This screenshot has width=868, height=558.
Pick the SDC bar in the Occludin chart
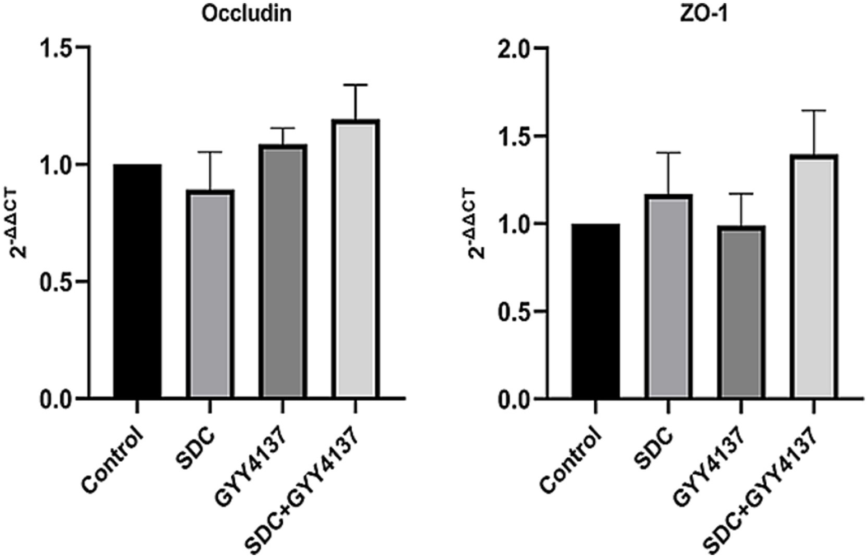(210, 294)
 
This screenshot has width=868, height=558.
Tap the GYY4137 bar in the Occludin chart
(283, 272)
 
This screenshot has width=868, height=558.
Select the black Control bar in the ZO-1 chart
(595, 311)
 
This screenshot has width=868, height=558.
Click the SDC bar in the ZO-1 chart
(669, 297)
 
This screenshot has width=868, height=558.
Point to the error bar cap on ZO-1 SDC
(669, 153)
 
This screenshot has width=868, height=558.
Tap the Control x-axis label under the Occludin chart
(113, 461)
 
